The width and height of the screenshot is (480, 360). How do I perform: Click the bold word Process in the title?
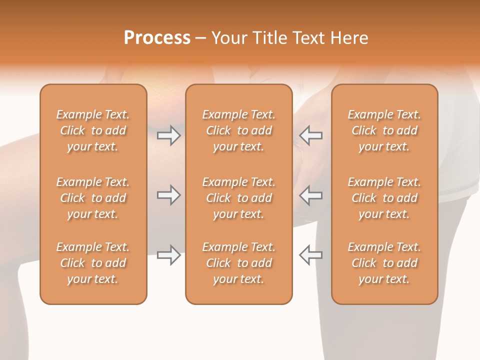(x=157, y=38)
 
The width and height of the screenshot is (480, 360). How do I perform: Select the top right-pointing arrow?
(x=168, y=135)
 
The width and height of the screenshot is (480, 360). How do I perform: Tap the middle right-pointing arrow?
(x=168, y=195)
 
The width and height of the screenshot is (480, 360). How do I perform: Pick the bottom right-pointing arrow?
(x=168, y=255)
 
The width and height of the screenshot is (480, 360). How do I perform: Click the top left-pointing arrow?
(x=310, y=135)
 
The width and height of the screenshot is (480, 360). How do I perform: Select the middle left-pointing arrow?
(x=310, y=195)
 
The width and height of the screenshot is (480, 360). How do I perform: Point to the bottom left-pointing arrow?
(x=310, y=255)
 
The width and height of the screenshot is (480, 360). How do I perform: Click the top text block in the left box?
(x=93, y=130)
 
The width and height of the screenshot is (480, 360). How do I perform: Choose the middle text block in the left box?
(x=93, y=198)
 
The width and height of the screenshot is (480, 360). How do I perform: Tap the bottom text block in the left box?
(x=93, y=263)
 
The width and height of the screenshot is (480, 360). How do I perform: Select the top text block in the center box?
(x=238, y=130)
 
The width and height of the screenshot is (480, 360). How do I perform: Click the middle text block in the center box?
(x=238, y=198)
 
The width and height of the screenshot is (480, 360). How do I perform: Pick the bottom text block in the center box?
(x=238, y=263)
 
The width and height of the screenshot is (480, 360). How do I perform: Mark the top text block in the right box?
(x=384, y=130)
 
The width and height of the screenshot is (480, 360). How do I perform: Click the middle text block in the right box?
(x=384, y=198)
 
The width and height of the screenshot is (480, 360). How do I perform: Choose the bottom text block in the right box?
(x=384, y=263)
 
